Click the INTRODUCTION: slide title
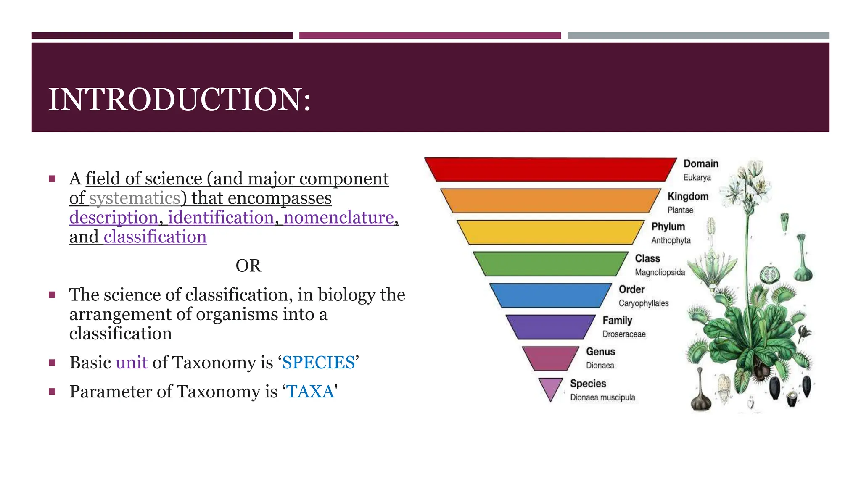click(x=180, y=100)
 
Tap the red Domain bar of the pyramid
click(x=551, y=169)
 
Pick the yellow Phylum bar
click(x=551, y=232)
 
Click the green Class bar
click(x=551, y=263)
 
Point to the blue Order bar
click(x=551, y=295)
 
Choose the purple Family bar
click(x=551, y=326)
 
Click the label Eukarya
click(x=697, y=177)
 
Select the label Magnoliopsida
click(x=660, y=272)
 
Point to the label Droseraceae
click(x=624, y=334)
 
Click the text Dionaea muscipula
click(x=602, y=397)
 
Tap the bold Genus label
click(x=600, y=352)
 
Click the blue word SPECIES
click(x=318, y=363)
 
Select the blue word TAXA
click(x=310, y=392)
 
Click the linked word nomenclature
click(x=339, y=218)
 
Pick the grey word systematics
click(x=135, y=198)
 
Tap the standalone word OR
click(x=248, y=266)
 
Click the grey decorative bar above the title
click(x=698, y=36)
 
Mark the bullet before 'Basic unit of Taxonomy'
click(x=52, y=363)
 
